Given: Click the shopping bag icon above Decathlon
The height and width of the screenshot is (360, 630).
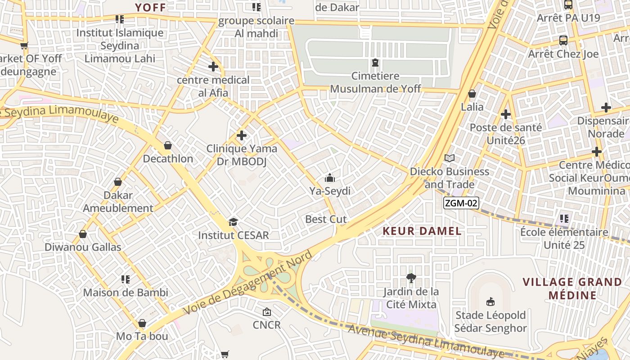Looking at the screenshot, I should pos(168,145).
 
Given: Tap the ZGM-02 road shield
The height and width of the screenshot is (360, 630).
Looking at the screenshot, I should pos(461,203).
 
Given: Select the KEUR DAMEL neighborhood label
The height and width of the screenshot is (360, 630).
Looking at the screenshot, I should pos(422,231).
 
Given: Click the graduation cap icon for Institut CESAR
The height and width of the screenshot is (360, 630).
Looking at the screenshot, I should pos(233,222).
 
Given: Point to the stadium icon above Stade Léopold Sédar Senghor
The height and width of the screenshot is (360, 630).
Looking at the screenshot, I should pos(490,302).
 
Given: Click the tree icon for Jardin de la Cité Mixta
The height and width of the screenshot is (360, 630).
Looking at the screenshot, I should pos(410,278).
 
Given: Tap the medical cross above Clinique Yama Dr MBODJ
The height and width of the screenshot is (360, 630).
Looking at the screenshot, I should pos(242,135).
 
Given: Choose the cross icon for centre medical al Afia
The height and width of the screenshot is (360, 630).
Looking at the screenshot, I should pos(213,67).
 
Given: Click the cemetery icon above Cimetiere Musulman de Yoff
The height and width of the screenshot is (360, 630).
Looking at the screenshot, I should pos(375,63).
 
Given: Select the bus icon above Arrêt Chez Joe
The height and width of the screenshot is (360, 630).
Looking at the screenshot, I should pos(563,40).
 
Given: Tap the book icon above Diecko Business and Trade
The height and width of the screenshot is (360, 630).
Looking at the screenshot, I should pos(450,158).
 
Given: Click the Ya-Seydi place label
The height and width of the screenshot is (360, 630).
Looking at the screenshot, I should pos(330,191).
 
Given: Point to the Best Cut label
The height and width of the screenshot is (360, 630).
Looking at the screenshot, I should pos(326,219).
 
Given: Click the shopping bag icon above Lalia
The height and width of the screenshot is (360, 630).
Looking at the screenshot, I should pos(472,94).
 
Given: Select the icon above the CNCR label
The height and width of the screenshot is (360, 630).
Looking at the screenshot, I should pos(266,311).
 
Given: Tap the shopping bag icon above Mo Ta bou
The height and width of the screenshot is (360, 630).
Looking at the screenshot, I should pos(142,323).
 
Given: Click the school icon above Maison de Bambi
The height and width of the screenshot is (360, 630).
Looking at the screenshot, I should pos(126,279).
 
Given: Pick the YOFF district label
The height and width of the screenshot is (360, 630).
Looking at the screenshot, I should pos(151,7).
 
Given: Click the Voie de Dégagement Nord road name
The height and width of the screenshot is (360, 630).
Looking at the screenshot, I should pos(247,283).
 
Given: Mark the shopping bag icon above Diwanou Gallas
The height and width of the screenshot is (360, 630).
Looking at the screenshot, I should pos(83,234).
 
